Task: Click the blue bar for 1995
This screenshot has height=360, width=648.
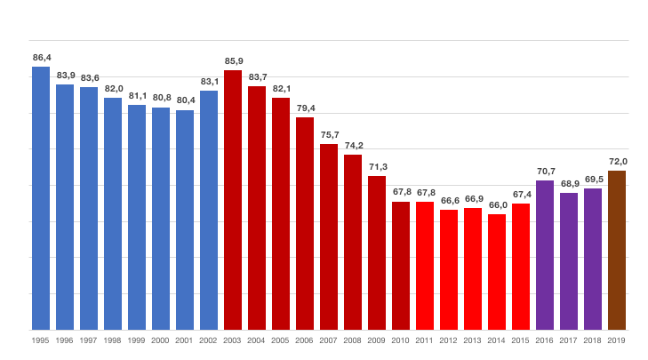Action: click(x=41, y=197)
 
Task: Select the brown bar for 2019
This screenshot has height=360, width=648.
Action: click(x=617, y=250)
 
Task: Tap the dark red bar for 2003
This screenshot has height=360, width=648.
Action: click(x=233, y=200)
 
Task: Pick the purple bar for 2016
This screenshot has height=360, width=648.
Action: click(x=545, y=255)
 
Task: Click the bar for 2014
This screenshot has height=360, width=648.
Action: click(x=497, y=272)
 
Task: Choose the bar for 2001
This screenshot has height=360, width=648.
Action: click(x=185, y=220)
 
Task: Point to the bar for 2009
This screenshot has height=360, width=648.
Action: click(x=377, y=252)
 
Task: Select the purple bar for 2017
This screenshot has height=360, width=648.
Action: click(x=569, y=261)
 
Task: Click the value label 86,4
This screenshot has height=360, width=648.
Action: click(x=41, y=58)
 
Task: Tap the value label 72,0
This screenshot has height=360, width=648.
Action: click(x=617, y=162)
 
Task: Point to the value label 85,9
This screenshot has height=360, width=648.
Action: click(x=233, y=61)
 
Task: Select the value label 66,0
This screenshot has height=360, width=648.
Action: click(x=497, y=205)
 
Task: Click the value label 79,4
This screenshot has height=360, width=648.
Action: click(x=305, y=108)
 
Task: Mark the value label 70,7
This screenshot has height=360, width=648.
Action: click(x=545, y=172)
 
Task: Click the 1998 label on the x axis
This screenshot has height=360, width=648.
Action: click(x=113, y=340)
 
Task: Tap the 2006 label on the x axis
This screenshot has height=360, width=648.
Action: click(x=305, y=340)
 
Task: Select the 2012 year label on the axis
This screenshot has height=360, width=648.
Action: click(x=449, y=340)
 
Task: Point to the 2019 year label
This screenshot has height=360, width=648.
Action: click(x=617, y=340)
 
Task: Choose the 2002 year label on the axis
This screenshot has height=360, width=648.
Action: click(x=209, y=340)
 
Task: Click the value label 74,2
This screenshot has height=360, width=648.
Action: click(x=353, y=146)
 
